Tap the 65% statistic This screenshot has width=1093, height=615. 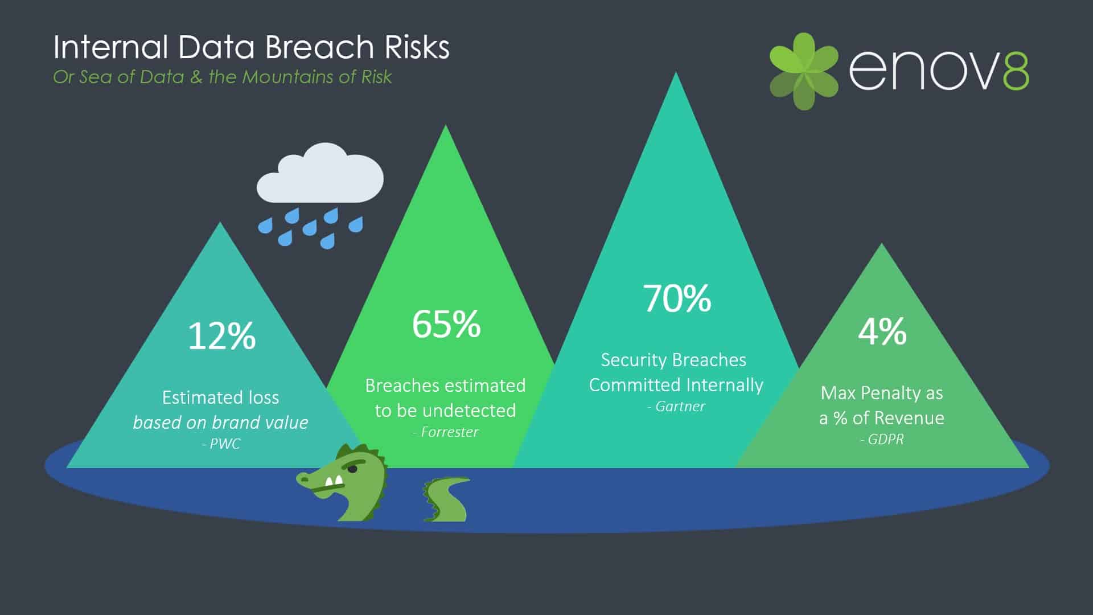click(x=446, y=324)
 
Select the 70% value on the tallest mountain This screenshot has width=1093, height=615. click(x=677, y=298)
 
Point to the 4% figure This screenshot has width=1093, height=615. click(x=882, y=331)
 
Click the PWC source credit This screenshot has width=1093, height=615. click(x=221, y=444)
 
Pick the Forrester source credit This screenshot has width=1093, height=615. click(x=446, y=432)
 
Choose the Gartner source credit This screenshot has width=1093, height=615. click(x=676, y=407)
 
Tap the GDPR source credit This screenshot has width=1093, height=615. click(x=882, y=440)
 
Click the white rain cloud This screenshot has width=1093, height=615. click(x=320, y=174)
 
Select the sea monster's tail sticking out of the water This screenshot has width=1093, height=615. click(x=446, y=499)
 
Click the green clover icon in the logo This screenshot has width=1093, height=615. click(x=804, y=71)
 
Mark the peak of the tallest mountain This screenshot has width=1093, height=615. click(x=676, y=72)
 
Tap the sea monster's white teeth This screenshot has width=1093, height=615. click(x=333, y=482)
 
